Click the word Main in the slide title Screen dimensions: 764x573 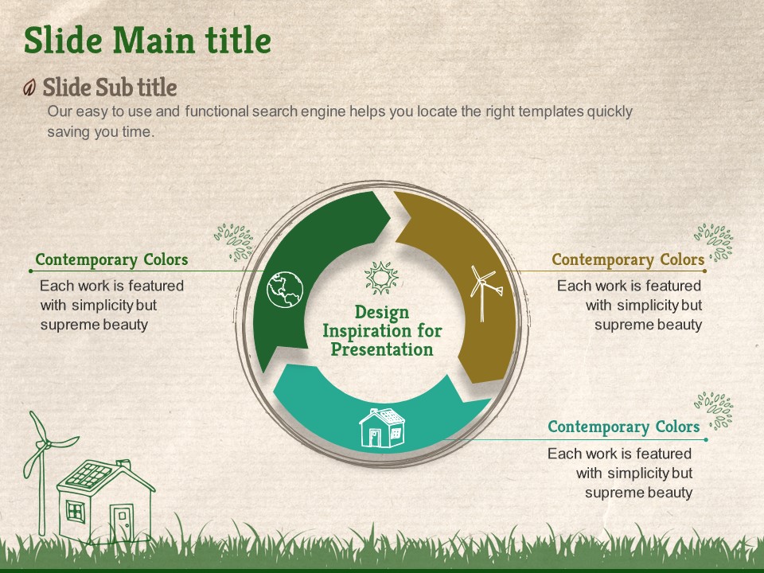pos(154,40)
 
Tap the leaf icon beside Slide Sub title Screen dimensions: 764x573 pos(29,88)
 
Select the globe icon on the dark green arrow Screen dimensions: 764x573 pos(285,290)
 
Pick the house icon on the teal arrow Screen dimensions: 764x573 pos(381,428)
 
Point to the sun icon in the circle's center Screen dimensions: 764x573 pos(381,278)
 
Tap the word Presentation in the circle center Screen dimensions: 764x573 pos(382,349)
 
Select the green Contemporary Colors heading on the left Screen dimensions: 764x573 pos(111,259)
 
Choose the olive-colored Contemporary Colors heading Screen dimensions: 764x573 pos(628,259)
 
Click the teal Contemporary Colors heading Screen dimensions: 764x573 pos(624,427)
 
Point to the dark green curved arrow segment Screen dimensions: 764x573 pos(297,253)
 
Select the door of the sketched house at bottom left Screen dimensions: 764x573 pos(121,523)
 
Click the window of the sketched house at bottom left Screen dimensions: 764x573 pos(76,512)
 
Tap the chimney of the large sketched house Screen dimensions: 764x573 pos(123,464)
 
